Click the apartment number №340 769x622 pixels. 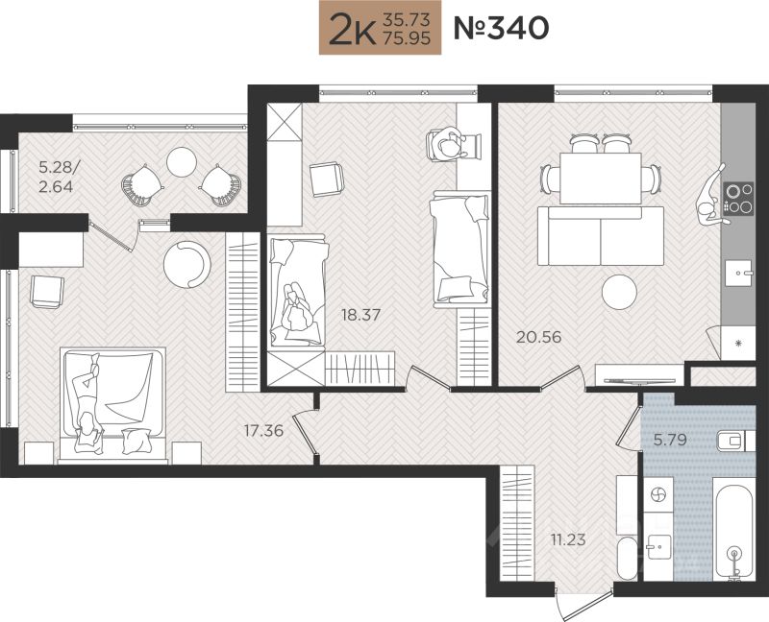coord(501,28)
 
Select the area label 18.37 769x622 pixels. coord(361,315)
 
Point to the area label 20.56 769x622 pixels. coord(539,338)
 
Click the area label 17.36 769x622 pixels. coord(263,431)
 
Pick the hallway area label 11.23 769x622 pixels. coord(568,540)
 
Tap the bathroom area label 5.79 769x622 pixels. coord(670,440)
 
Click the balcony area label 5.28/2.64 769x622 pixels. coord(57,178)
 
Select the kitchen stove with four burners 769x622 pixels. coord(738,199)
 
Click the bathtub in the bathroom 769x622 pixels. coord(734,533)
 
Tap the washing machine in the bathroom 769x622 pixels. coord(657,495)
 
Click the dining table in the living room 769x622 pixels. coord(600,179)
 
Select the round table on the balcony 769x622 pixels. coord(182,161)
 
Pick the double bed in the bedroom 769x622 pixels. coord(112,404)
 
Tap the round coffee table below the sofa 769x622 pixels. coord(619,292)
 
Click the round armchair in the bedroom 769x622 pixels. coord(186,265)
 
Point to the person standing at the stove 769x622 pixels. coord(711,196)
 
